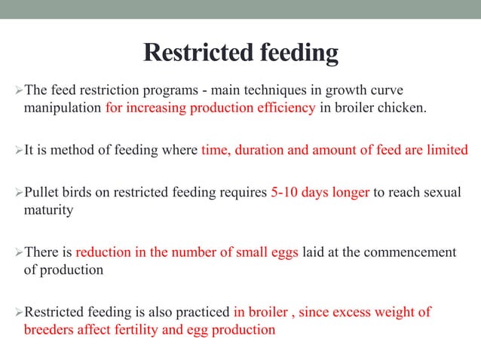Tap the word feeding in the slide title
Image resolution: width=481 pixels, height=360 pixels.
[299, 54]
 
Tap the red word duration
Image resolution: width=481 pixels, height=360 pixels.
[262, 149]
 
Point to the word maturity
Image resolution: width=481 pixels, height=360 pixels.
[48, 209]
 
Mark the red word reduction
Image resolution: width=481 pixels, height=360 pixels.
[104, 252]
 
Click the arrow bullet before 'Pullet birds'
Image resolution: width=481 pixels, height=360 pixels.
[20, 192]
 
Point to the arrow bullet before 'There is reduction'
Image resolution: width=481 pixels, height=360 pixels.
[20, 252]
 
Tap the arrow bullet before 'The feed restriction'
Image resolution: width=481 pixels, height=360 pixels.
[20, 91]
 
